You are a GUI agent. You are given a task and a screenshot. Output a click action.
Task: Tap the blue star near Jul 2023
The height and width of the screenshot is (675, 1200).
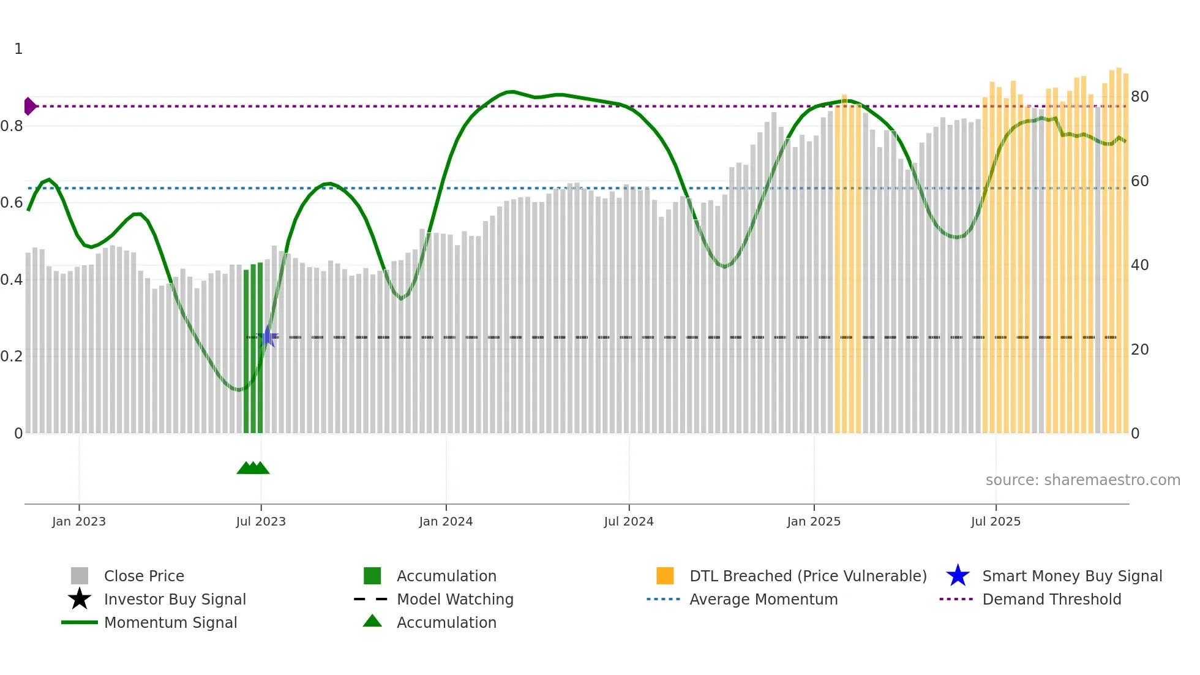click(267, 337)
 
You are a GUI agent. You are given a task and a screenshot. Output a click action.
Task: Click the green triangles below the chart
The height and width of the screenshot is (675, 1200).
click(253, 468)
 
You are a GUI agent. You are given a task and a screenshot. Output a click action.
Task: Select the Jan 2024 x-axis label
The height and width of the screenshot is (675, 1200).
click(446, 521)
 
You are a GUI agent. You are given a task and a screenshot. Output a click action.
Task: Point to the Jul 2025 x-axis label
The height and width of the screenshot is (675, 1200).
click(996, 521)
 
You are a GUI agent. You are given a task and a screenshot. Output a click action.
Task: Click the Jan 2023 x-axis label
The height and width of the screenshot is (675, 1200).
click(79, 521)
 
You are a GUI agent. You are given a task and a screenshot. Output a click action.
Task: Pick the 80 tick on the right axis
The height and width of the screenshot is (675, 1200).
click(1139, 97)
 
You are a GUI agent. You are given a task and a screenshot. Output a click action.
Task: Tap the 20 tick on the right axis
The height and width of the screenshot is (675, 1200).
click(1139, 350)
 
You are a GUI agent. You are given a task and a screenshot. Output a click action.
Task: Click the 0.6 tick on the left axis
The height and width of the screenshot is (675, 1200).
click(11, 203)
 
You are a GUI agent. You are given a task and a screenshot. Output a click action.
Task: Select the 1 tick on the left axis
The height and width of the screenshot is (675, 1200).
click(18, 49)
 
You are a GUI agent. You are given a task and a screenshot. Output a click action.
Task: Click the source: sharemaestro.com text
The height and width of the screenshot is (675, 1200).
click(1082, 480)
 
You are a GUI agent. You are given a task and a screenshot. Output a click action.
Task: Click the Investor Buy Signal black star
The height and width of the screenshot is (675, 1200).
click(80, 599)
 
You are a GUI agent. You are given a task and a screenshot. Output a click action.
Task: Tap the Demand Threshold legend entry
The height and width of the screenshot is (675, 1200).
click(1051, 599)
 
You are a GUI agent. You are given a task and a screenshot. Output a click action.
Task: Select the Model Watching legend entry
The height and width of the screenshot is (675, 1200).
click(454, 599)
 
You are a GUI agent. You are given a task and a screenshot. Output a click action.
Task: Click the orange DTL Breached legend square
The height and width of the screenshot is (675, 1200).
click(665, 576)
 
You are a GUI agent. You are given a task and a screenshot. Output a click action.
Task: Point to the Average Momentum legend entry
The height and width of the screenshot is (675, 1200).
click(763, 599)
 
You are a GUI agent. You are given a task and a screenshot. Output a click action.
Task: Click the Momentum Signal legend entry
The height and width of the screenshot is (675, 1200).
click(170, 622)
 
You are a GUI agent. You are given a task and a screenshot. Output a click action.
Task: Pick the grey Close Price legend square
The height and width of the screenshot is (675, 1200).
click(80, 576)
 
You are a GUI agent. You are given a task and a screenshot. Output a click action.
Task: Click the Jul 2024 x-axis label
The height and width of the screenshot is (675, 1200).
click(629, 521)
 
